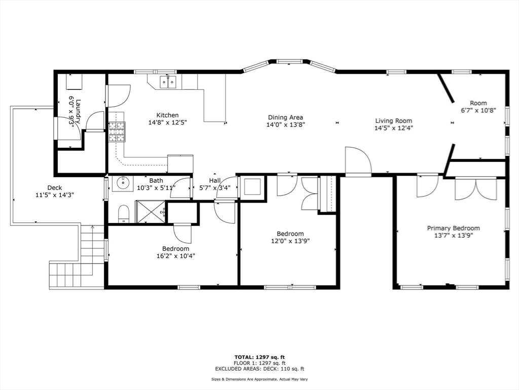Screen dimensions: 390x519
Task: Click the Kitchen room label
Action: point(167,115)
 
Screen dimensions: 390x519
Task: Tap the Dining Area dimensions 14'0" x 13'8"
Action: point(286,124)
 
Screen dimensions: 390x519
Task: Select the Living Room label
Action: point(393,121)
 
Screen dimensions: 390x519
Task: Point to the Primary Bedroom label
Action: point(453,229)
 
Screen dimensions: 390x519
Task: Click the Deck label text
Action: point(54,187)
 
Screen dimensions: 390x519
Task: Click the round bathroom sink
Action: point(122,183)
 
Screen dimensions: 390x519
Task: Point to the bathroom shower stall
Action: point(151,211)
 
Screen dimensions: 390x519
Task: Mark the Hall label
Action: point(215,180)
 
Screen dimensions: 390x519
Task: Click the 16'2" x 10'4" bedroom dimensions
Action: point(176,256)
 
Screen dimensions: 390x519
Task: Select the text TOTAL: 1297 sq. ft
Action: point(259,357)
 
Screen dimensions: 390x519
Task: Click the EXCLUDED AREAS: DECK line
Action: point(259,369)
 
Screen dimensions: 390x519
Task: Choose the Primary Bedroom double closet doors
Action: point(475,189)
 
